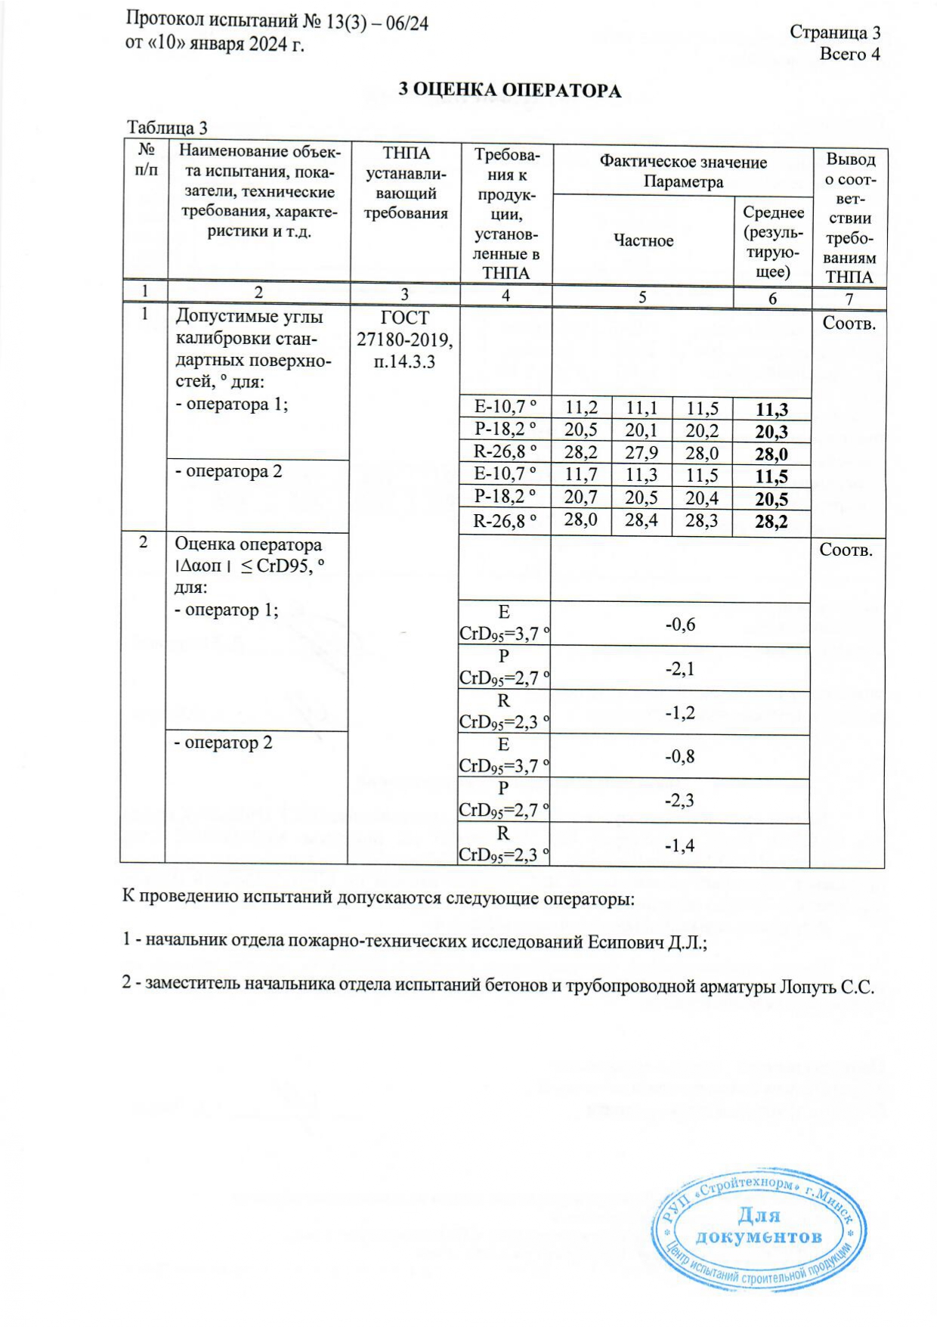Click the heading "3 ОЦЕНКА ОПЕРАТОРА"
coord(510,91)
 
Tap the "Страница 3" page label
coord(834,33)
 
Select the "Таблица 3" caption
coord(167,127)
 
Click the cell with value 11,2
coord(581,408)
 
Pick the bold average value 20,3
coord(772,432)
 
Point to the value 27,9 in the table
coord(642,453)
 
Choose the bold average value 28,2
coord(772,521)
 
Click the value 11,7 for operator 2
coord(581,475)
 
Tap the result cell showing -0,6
coord(680,624)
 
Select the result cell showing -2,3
coord(680,800)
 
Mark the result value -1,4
coord(680,845)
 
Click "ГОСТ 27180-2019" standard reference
coord(405,329)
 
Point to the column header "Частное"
coord(643,240)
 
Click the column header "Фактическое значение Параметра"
coord(683,172)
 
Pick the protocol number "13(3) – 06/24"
coord(377,23)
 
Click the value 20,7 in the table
coord(581,498)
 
